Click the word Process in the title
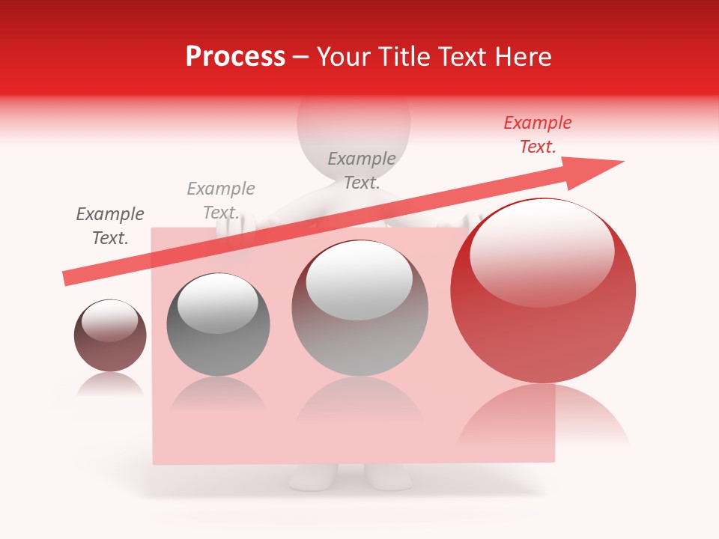pos(235,57)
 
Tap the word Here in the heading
pos(524,57)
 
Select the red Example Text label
pos(537,135)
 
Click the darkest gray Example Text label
pos(109,226)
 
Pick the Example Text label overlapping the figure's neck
pos(362,170)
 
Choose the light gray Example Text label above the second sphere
pos(221,200)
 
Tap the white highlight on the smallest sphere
pos(109,321)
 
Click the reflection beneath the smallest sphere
pos(110,384)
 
